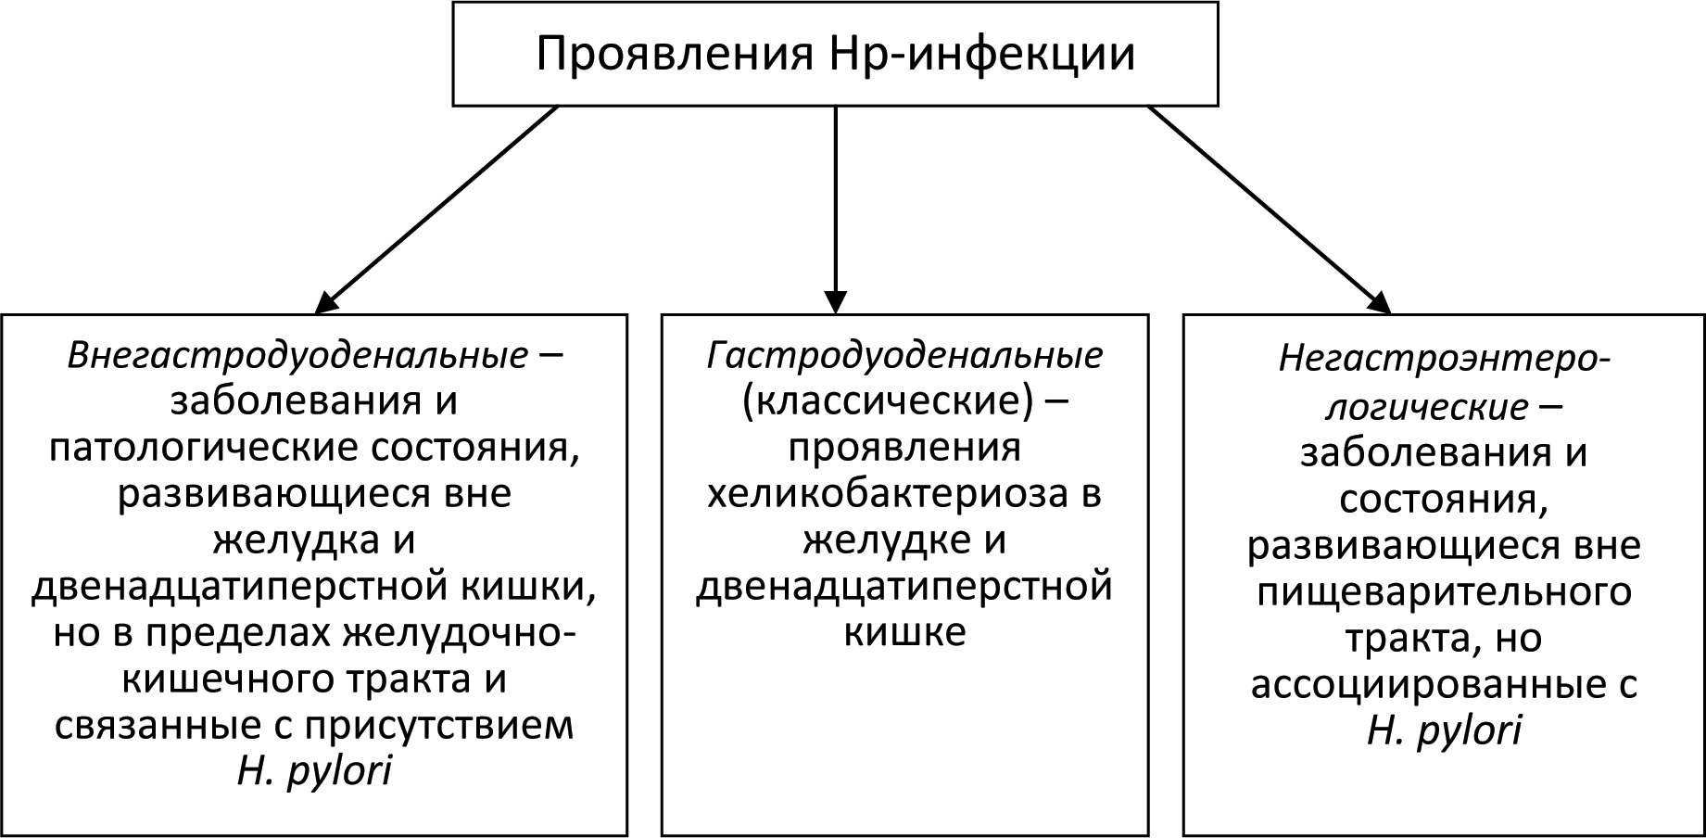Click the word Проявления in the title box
pyautogui.click(x=674, y=55)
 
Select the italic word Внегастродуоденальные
pyautogui.click(x=297, y=357)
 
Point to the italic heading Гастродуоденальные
pyautogui.click(x=904, y=357)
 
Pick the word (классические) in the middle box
pyautogui.click(x=887, y=402)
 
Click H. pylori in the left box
pyautogui.click(x=314, y=771)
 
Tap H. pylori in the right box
pyautogui.click(x=1444, y=730)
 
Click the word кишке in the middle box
pyautogui.click(x=904, y=633)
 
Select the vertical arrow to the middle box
pyautogui.click(x=836, y=209)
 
